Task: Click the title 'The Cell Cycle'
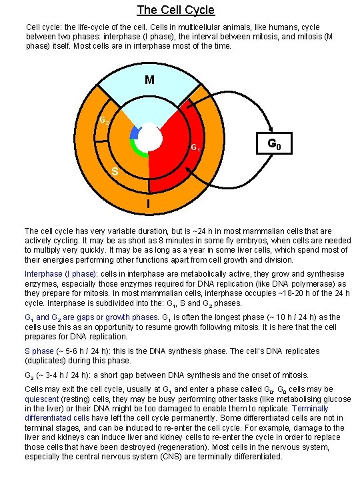pos(175,10)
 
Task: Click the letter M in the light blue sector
pos(149,81)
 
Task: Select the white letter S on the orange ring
pos(115,173)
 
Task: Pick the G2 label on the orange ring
pos(105,121)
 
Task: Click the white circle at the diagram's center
pos(149,138)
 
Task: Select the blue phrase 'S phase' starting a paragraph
pos(39,351)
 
